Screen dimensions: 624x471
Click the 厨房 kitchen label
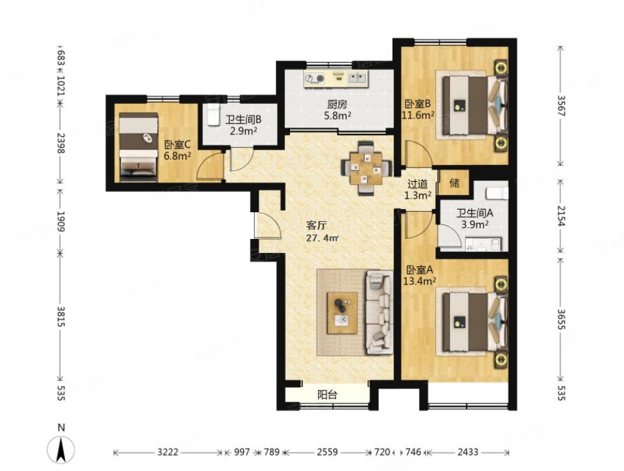coord(337,105)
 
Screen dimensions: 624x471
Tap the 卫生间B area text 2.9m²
coord(243,131)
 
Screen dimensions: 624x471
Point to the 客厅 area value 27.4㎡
coord(323,238)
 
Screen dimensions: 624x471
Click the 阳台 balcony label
coord(327,395)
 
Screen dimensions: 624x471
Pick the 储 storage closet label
coord(454,182)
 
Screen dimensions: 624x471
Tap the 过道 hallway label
coord(418,184)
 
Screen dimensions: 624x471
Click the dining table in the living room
coord(366,168)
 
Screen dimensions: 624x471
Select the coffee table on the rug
coord(342,313)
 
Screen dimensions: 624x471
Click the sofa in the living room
coord(379,312)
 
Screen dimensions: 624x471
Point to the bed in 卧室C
coord(138,147)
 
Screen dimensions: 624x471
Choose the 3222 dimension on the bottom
coord(168,453)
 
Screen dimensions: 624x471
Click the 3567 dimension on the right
coord(560,106)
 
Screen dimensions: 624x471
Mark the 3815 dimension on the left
coord(61,316)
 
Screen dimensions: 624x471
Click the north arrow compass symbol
coord(61,449)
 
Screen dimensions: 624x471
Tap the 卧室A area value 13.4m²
coord(419,282)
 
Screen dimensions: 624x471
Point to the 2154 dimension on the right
coord(560,216)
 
